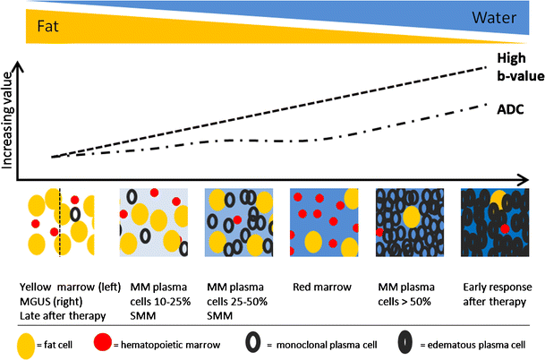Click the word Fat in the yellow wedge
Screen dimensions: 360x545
[x=48, y=28]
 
